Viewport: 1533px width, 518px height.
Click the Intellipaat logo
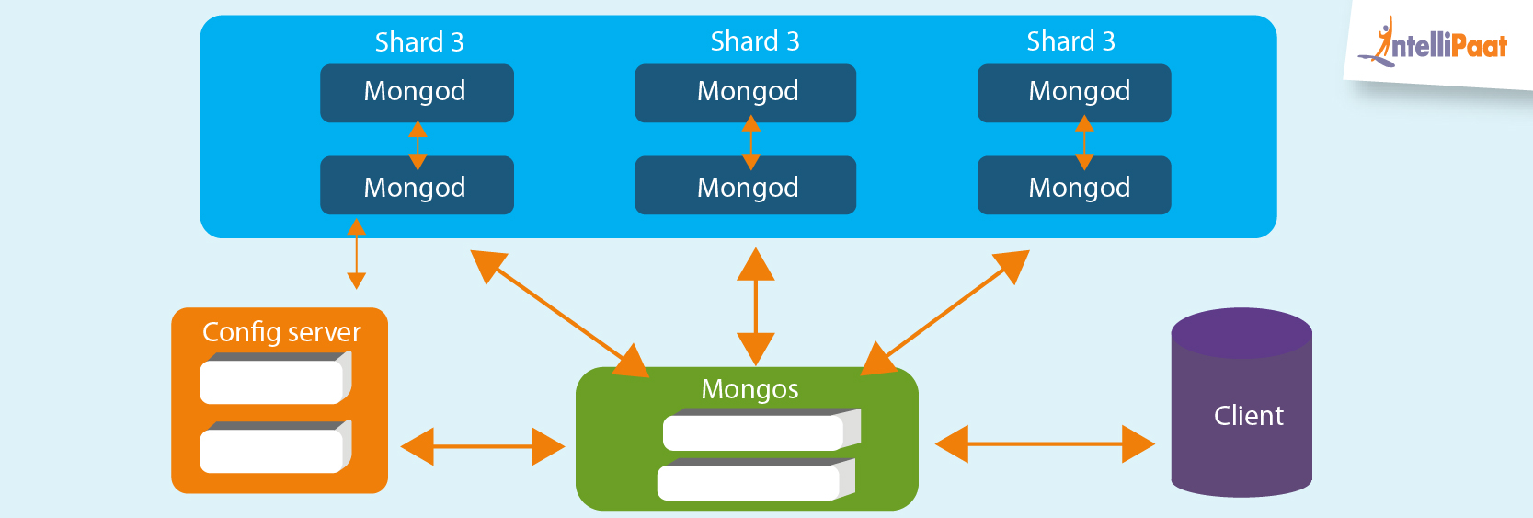click(x=1440, y=44)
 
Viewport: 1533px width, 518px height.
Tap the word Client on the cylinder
click(x=1248, y=416)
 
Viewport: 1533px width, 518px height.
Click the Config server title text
click(x=281, y=332)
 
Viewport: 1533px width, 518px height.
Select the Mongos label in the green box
click(x=749, y=389)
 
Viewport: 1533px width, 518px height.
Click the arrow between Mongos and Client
click(x=1045, y=444)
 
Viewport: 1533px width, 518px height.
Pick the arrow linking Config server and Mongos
click(x=483, y=447)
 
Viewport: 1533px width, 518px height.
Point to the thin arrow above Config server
click(x=357, y=254)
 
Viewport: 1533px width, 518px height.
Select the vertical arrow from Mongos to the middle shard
click(x=756, y=306)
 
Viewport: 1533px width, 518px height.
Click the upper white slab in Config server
click(x=273, y=381)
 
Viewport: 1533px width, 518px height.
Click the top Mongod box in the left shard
click(x=417, y=92)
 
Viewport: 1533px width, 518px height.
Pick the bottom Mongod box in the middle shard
click(x=745, y=186)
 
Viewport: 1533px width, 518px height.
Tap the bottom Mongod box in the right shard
click(x=1074, y=186)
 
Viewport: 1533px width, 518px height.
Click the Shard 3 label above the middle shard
click(x=755, y=41)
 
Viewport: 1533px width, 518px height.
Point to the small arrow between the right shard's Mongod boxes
click(x=1084, y=141)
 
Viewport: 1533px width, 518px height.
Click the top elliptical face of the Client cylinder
click(x=1241, y=331)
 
